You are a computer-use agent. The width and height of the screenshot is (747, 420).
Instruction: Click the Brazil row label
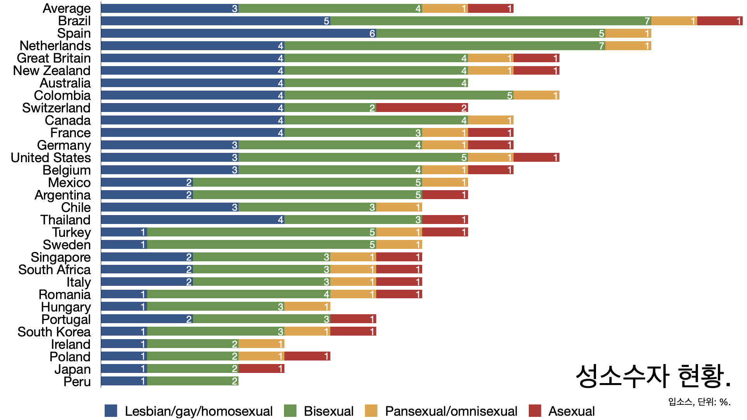[x=74, y=21]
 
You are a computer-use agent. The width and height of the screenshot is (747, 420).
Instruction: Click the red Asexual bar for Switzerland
[x=422, y=108]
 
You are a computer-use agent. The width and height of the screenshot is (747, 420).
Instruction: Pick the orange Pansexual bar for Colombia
[x=536, y=96]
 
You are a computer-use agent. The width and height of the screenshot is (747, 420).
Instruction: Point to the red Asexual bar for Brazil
[x=719, y=21]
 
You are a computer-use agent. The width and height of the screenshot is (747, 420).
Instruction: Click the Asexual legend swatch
[x=535, y=411]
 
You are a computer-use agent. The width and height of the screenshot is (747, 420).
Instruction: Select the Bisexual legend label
[x=328, y=411]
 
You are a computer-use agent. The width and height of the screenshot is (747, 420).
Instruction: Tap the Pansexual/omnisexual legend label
[x=451, y=411]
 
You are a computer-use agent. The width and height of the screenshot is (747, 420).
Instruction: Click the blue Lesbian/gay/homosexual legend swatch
[x=111, y=411]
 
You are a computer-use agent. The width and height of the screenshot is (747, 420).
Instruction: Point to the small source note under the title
[x=699, y=402]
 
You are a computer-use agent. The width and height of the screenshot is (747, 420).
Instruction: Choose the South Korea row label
[x=54, y=332]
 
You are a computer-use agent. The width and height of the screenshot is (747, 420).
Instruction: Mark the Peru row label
[x=77, y=382]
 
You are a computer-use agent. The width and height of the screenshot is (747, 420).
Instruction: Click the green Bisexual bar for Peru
[x=193, y=381]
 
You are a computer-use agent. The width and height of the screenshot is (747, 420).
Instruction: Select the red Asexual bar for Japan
[x=261, y=369]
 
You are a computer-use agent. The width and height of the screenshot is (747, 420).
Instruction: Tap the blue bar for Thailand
[x=193, y=220]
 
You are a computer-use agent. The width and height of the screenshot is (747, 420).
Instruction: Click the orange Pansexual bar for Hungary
[x=307, y=306]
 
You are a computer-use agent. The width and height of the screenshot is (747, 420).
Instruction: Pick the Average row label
[x=67, y=9]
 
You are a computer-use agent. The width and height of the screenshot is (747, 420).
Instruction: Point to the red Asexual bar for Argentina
[x=445, y=195]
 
